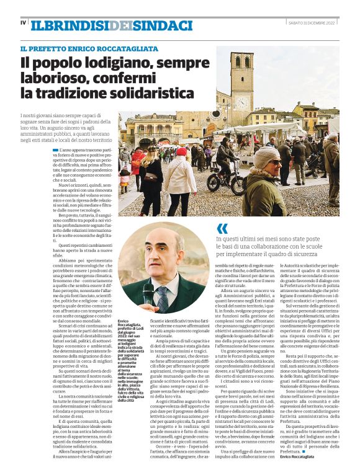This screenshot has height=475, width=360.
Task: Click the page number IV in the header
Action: tap(23, 23)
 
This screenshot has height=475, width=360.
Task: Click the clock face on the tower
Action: tap(242, 100)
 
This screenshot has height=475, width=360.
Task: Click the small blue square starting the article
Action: tap(73, 150)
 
